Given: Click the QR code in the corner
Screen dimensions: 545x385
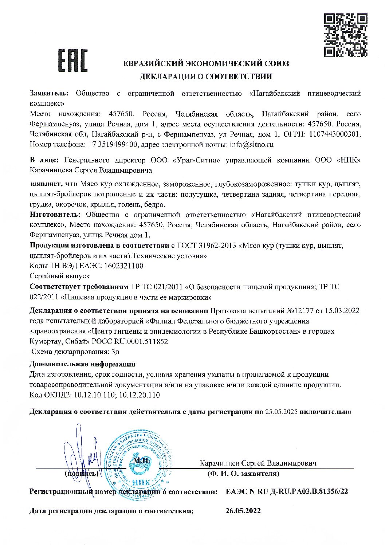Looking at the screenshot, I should (345, 35).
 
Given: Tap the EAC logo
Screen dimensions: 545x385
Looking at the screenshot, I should (73, 60).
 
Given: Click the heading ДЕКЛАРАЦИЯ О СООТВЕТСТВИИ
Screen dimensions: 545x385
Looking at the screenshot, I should (206, 77).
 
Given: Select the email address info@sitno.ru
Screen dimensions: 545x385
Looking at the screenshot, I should (252, 144).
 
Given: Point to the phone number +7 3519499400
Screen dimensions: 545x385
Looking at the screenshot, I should (113, 144).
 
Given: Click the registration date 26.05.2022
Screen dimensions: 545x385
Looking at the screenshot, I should (243, 511).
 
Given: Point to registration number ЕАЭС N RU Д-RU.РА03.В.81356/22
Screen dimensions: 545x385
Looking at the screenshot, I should (287, 491).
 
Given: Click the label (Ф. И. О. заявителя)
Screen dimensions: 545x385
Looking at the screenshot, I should (243, 474).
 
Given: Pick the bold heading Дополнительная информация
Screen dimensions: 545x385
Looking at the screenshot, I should (82, 364).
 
